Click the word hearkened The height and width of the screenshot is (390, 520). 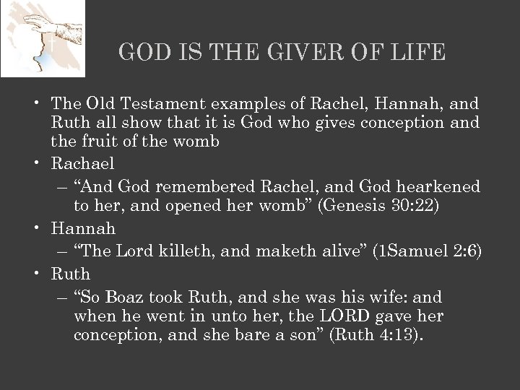coord(437,187)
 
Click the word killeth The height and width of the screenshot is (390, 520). coord(185,251)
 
